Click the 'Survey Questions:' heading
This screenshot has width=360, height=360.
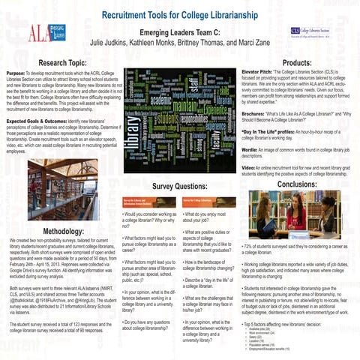(x=179, y=185)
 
